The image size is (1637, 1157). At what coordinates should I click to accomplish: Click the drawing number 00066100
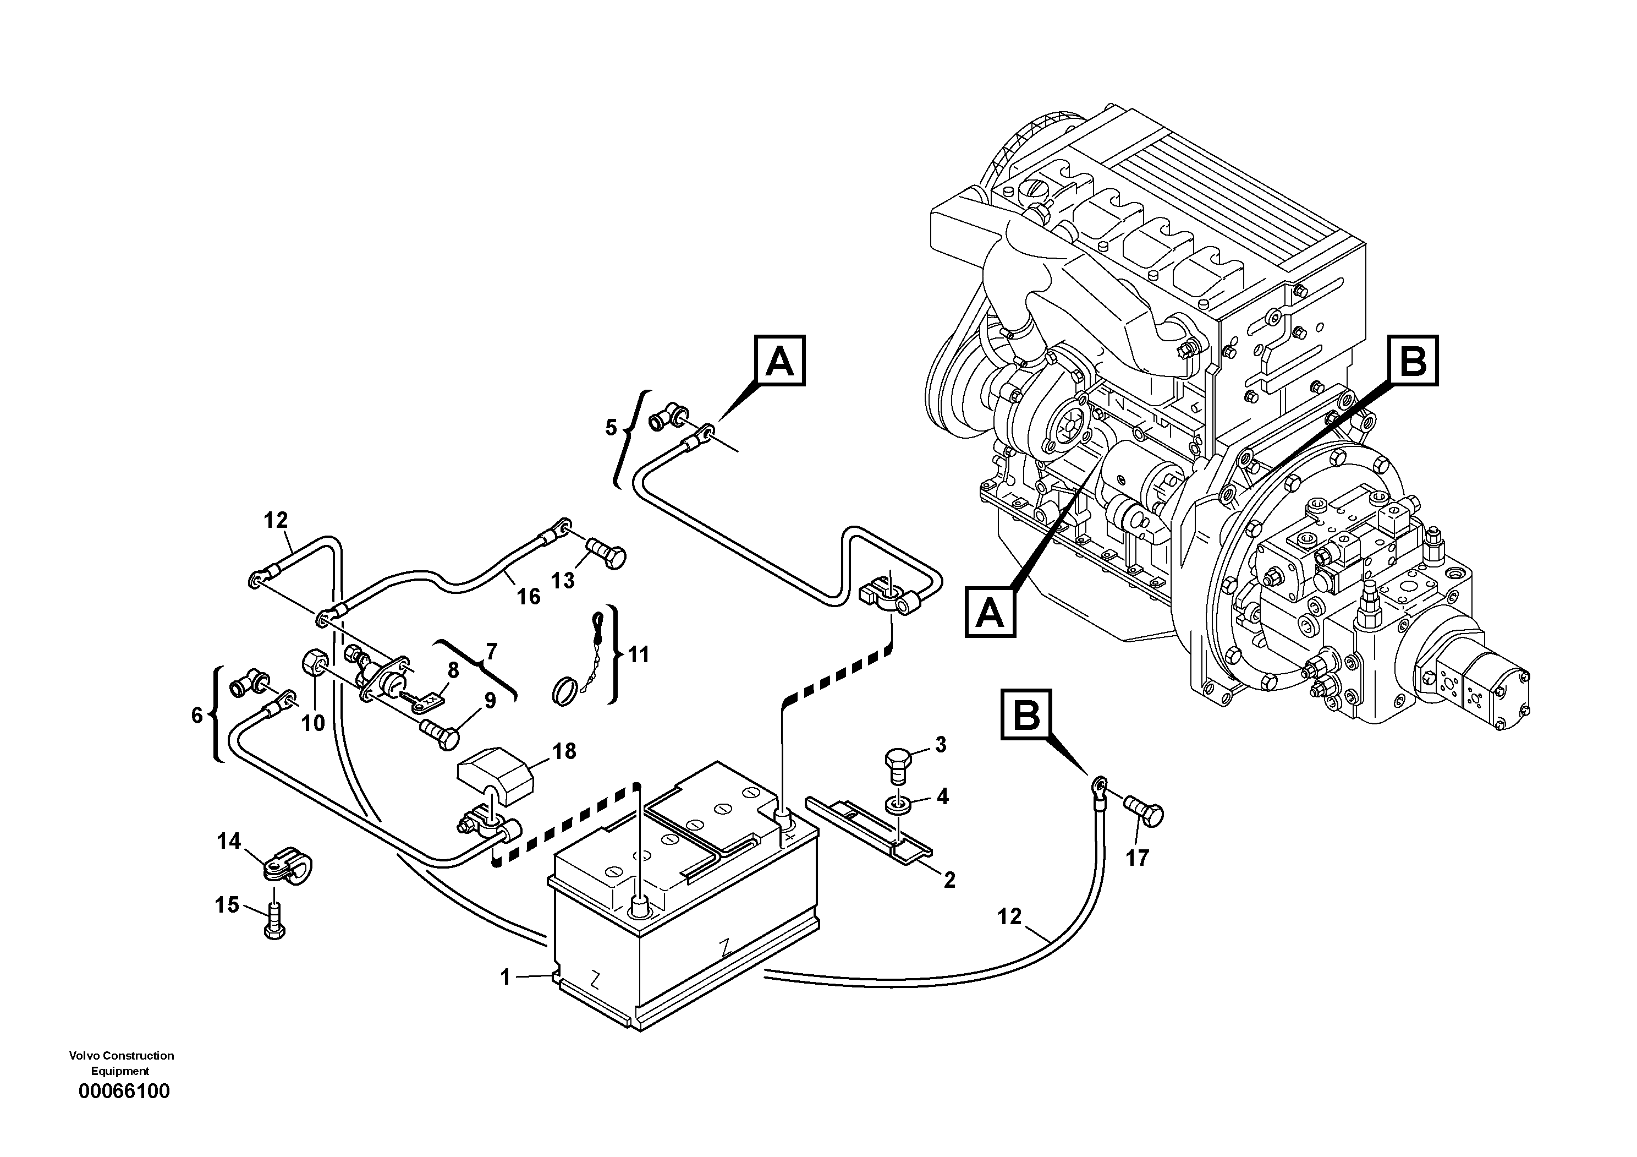click(124, 1091)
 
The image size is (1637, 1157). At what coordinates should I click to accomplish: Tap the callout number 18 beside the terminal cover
click(564, 752)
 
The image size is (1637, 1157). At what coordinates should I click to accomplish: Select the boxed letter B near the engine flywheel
click(1413, 361)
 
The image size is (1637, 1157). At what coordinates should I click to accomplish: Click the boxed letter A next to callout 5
click(779, 362)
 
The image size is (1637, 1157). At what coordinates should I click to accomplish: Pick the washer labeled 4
click(898, 805)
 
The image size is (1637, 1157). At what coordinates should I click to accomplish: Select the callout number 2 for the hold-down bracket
click(948, 881)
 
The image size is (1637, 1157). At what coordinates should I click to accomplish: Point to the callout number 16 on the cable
click(528, 596)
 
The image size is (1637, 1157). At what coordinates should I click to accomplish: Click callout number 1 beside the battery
click(506, 977)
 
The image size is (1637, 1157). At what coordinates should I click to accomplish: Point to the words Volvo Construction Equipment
click(121, 1063)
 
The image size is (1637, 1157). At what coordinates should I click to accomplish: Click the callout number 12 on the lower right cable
click(1009, 916)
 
